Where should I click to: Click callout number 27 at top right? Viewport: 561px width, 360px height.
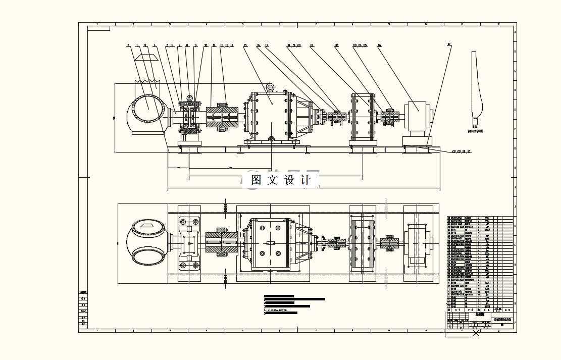point(449,44)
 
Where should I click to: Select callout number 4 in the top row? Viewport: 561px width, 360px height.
point(155,45)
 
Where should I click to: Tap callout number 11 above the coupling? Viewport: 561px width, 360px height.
point(214,45)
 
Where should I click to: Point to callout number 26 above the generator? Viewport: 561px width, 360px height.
point(379,45)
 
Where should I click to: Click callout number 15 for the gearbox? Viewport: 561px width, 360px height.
point(245,45)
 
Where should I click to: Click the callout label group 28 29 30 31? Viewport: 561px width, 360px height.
point(461,151)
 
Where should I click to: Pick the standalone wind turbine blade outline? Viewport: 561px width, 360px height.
point(475,88)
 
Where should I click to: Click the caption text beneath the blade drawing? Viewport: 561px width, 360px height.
point(475,130)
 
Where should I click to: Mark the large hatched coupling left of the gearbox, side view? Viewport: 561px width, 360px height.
point(222,117)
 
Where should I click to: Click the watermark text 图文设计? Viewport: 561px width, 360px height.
point(281,180)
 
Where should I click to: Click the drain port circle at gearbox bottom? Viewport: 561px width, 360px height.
point(271,139)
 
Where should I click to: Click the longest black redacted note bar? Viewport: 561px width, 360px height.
point(295,299)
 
